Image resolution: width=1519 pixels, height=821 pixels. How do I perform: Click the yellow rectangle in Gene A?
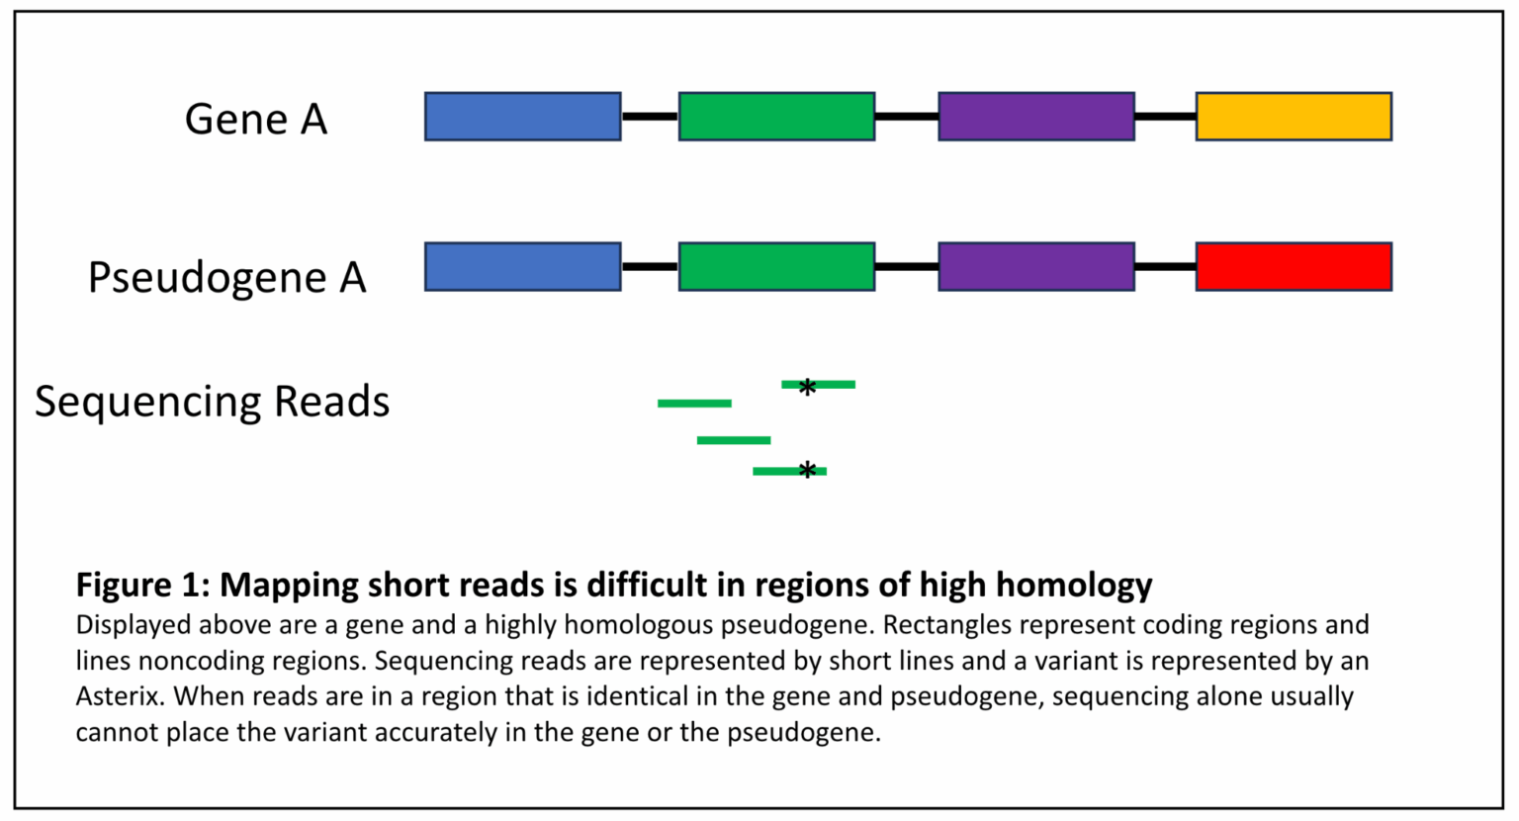point(1294,117)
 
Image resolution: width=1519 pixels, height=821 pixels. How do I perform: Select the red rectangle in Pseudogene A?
point(1294,267)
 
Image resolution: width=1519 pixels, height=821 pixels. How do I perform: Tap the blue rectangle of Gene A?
point(522,117)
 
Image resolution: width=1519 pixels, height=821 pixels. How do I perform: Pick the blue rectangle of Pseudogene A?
point(522,267)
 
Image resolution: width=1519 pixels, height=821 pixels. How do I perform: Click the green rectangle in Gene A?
point(776,117)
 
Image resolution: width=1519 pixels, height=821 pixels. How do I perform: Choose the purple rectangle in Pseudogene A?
point(1035,267)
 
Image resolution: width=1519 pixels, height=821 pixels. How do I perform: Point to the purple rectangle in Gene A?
point(1035,117)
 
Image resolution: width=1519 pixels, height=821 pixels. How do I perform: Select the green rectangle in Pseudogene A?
point(776,267)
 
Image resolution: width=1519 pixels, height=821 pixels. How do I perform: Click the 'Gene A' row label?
point(255,120)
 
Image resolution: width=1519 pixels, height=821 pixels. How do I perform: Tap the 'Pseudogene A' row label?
point(226,278)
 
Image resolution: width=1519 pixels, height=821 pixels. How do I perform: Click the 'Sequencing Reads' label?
point(212,402)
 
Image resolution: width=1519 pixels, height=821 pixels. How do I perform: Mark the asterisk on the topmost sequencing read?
point(807,387)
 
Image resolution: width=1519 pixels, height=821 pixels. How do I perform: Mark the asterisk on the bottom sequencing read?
point(807,471)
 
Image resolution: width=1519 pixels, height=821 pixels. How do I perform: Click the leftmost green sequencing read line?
point(694,404)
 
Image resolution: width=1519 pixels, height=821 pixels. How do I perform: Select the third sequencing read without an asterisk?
point(733,440)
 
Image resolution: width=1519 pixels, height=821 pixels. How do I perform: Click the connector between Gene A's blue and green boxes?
point(650,117)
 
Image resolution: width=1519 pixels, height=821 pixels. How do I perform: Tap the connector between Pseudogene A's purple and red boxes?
point(1165,267)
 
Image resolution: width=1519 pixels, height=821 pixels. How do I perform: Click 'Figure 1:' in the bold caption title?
point(142,585)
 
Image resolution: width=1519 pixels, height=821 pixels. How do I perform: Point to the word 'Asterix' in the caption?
point(118,696)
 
